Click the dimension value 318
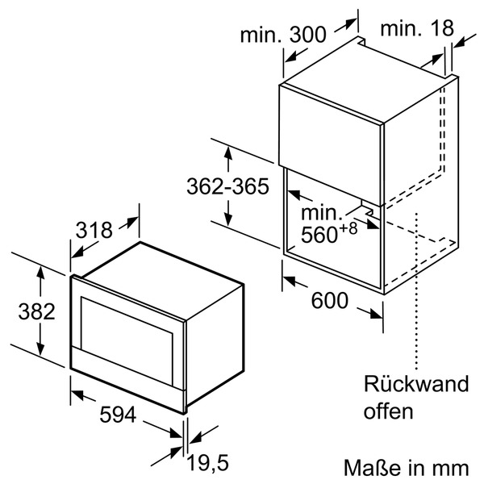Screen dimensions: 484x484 pyautogui.click(x=94, y=230)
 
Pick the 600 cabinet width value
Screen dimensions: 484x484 pyautogui.click(x=329, y=300)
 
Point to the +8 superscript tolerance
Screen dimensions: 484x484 pyautogui.click(x=347, y=228)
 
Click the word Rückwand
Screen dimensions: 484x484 pyautogui.click(x=415, y=383)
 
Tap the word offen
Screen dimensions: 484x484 pyautogui.click(x=388, y=411)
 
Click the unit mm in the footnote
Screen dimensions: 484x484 pyautogui.click(x=451, y=467)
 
